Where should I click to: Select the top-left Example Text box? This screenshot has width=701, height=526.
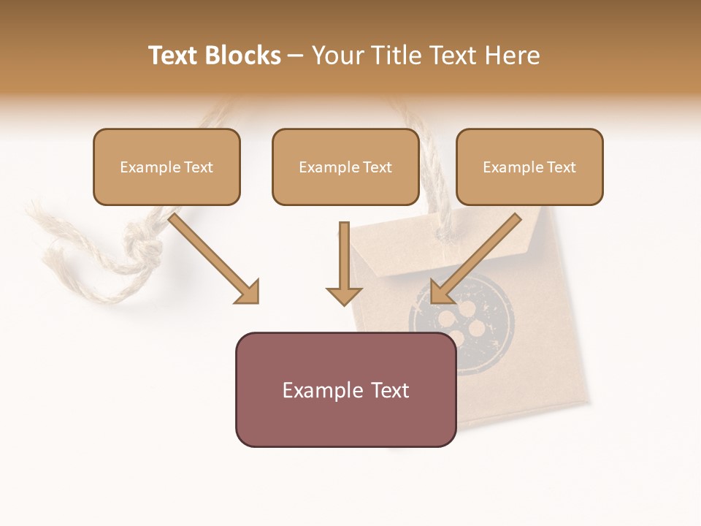click(166, 167)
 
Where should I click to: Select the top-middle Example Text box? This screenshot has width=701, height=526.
click(345, 167)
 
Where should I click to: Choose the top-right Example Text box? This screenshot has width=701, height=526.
click(529, 167)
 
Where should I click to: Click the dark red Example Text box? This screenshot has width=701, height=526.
click(345, 389)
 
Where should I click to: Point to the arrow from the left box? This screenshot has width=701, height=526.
click(212, 256)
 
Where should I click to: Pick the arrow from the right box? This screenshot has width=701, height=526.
click(478, 256)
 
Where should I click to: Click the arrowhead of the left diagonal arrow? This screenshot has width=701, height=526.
click(248, 292)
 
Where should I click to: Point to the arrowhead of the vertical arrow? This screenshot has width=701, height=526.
click(344, 295)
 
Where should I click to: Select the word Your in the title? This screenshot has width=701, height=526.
click(337, 56)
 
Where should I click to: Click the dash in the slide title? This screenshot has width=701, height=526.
click(296, 56)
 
